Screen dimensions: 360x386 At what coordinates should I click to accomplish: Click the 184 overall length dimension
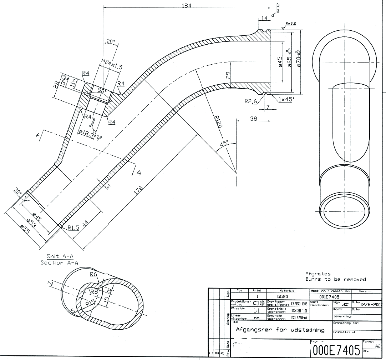click(187, 5)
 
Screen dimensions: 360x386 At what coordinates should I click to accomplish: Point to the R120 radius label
click(218, 124)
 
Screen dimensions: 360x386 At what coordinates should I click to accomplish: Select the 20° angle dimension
click(111, 41)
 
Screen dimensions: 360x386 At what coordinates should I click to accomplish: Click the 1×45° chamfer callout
click(285, 100)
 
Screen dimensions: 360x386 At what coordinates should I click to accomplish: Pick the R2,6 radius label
click(251, 101)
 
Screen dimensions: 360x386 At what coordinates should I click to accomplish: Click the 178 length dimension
click(138, 189)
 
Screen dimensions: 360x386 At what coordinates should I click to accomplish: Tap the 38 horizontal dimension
click(253, 119)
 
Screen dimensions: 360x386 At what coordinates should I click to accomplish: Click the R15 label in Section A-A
click(91, 303)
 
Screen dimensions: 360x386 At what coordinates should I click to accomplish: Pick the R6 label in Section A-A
click(93, 274)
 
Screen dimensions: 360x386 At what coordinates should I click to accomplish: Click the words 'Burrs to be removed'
click(335, 279)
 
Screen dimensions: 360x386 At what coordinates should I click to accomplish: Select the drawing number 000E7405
click(336, 350)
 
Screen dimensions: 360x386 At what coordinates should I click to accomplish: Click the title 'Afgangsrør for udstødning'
click(280, 330)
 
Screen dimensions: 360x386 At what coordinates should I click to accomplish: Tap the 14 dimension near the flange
click(264, 18)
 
